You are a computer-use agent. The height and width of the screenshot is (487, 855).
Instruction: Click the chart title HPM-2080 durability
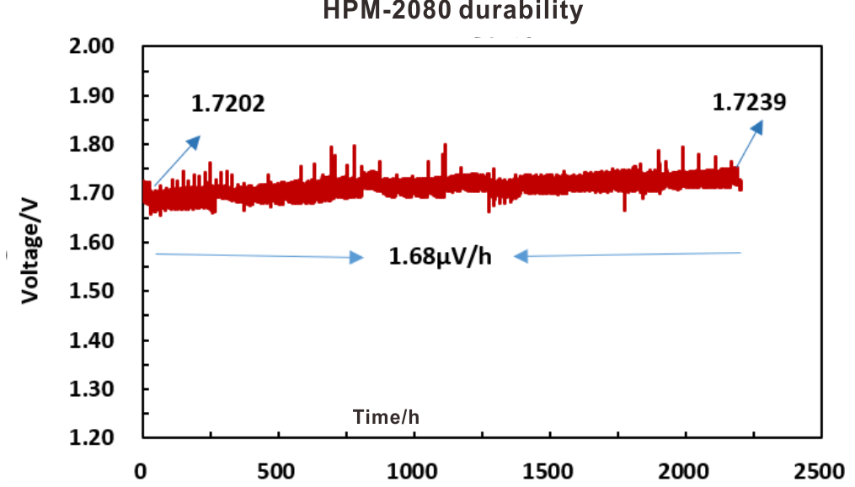pyautogui.click(x=453, y=12)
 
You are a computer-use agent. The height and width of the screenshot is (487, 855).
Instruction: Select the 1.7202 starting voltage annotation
pyautogui.click(x=228, y=104)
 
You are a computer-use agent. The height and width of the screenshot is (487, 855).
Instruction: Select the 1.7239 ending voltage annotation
pyautogui.click(x=750, y=102)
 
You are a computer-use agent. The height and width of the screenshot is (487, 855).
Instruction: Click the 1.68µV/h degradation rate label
pyautogui.click(x=439, y=256)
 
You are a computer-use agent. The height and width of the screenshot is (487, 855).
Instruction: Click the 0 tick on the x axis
pyautogui.click(x=142, y=469)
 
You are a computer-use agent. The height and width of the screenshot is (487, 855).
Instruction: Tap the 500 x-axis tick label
pyautogui.click(x=277, y=469)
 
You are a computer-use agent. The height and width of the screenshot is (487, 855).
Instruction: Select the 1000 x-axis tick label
pyautogui.click(x=413, y=469)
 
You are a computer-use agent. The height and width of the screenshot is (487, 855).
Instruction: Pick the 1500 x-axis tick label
pyautogui.click(x=549, y=469)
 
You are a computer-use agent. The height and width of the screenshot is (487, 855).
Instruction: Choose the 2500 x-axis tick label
pyautogui.click(x=820, y=469)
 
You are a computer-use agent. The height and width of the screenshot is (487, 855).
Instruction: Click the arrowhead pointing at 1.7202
pyautogui.click(x=195, y=140)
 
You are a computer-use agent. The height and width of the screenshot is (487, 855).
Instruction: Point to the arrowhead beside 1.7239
pyautogui.click(x=758, y=126)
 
